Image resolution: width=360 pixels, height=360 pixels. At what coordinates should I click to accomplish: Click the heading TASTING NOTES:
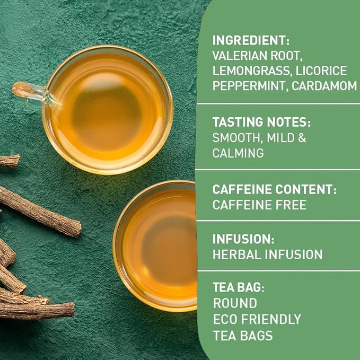coord(261,122)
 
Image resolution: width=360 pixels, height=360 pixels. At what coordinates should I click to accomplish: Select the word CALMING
coord(238,153)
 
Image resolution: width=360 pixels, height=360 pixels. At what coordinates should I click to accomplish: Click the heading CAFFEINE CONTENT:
coord(275,189)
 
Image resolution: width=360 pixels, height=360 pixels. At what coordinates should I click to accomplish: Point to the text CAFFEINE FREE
coord(259,205)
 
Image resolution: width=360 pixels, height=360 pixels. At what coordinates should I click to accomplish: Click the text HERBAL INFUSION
coord(267,254)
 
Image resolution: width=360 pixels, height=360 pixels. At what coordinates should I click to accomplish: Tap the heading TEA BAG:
coord(238,288)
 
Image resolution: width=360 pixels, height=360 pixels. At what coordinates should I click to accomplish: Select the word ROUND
coord(235,304)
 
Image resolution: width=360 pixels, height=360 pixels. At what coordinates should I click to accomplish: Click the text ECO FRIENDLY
coord(257,319)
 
